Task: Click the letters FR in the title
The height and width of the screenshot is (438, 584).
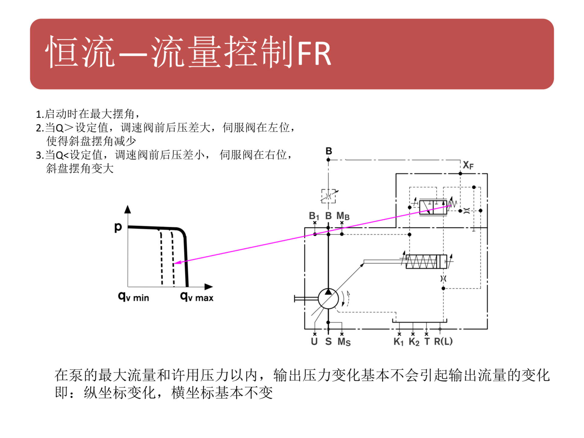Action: tap(314, 54)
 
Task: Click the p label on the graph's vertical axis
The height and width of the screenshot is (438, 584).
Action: tap(118, 227)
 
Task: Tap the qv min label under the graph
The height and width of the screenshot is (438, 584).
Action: tap(134, 297)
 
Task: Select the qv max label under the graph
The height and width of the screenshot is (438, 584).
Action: tap(197, 297)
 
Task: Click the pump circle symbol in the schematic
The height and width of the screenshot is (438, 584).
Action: tap(328, 299)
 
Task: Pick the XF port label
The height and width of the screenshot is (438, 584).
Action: tap(468, 165)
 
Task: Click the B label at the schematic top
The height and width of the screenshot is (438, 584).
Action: tap(329, 151)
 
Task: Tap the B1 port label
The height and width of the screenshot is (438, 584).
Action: tap(314, 216)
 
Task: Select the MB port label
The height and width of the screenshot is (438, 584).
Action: tap(343, 216)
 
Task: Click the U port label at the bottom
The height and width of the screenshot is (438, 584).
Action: tap(314, 342)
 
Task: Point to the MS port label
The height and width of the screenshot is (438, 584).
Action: tap(344, 342)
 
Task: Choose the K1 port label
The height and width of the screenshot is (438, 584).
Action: tap(398, 342)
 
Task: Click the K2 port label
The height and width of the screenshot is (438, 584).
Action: tap(414, 342)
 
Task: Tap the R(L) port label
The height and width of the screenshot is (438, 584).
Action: tap(443, 342)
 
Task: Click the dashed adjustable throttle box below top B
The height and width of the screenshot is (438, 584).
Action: tap(328, 196)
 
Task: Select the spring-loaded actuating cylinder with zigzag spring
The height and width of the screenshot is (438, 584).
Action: tap(426, 262)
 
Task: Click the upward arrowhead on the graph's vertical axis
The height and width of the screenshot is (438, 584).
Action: tap(128, 209)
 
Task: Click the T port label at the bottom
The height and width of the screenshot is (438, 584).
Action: tap(427, 342)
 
